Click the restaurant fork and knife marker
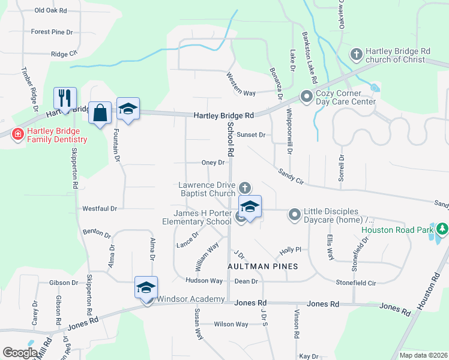click(65, 97)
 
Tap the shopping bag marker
click(100, 112)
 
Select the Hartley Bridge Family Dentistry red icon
click(18, 134)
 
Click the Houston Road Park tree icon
click(442, 229)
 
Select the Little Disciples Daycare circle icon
click(294, 214)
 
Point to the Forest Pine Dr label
click(52, 32)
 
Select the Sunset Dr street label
click(251, 135)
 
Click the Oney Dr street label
click(213, 163)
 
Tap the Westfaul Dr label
click(99, 208)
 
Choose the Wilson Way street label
click(231, 324)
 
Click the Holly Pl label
click(289, 250)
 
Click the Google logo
click(20, 352)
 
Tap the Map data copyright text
click(423, 355)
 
